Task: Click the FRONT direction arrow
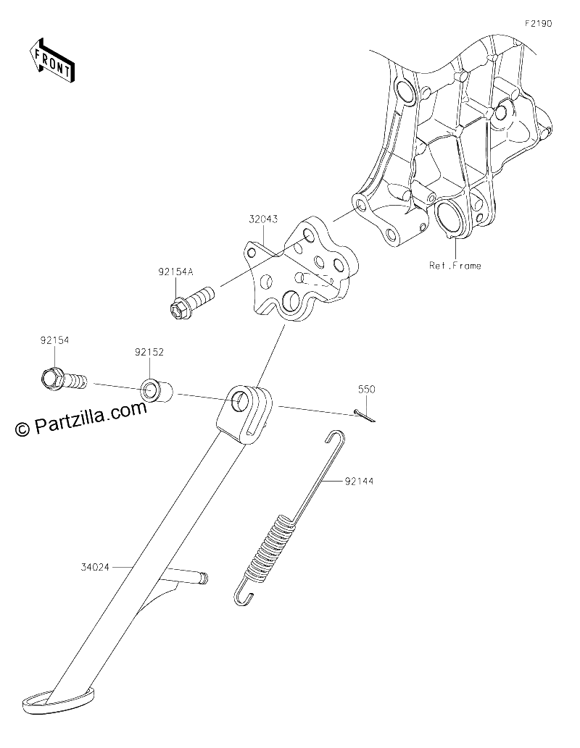click(x=51, y=60)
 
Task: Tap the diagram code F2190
click(x=539, y=23)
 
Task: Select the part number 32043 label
click(x=263, y=219)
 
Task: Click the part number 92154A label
click(x=176, y=272)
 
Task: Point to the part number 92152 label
click(x=149, y=353)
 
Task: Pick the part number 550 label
click(x=367, y=390)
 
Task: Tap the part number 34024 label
click(x=95, y=567)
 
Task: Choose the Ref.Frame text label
click(x=455, y=265)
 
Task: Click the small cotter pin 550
click(x=365, y=416)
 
